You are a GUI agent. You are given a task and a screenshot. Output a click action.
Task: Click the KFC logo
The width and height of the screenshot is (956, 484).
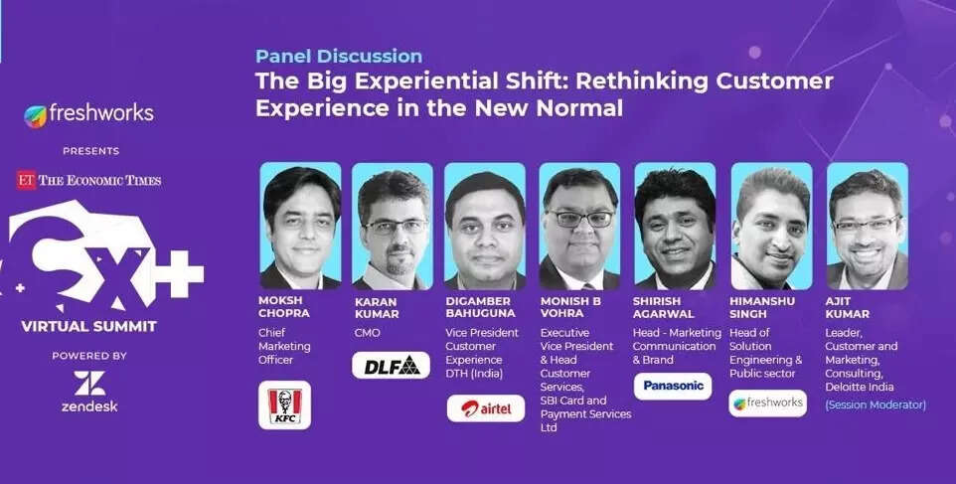tap(285, 404)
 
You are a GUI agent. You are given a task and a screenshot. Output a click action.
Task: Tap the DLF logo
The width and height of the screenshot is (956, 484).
tap(391, 365)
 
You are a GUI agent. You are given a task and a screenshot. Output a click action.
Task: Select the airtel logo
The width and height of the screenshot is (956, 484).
tap(485, 408)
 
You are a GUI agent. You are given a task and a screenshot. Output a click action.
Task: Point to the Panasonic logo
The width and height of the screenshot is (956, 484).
tap(673, 386)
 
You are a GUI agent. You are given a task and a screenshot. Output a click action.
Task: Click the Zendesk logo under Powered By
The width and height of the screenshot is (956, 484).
tap(89, 392)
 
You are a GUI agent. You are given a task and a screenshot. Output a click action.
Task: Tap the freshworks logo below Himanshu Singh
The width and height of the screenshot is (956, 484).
tap(767, 403)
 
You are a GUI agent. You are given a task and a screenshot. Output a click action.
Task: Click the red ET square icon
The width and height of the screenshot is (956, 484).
tap(26, 180)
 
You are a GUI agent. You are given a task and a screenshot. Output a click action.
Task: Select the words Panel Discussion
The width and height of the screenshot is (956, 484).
tap(339, 56)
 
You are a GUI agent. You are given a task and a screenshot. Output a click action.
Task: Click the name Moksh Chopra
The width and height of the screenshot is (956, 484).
tap(284, 307)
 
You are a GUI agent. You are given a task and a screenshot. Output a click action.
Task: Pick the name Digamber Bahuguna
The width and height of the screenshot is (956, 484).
tap(480, 307)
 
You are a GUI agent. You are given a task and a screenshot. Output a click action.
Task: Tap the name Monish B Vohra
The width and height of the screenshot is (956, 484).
tap(570, 307)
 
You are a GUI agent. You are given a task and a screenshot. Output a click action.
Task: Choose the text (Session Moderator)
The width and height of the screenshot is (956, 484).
tap(876, 404)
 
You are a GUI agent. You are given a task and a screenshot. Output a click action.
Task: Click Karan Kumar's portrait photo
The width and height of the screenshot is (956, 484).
tap(392, 227)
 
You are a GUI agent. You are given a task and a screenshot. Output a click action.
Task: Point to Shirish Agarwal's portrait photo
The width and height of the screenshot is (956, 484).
tap(675, 227)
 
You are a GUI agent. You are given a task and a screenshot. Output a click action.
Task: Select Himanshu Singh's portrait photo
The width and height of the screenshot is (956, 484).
tap(771, 227)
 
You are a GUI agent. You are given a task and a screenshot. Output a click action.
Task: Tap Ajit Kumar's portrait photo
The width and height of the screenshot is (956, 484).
tap(867, 227)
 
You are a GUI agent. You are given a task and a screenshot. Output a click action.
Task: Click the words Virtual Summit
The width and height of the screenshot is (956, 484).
tap(89, 326)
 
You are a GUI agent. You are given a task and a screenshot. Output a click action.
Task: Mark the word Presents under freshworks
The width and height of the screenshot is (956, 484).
tap(90, 151)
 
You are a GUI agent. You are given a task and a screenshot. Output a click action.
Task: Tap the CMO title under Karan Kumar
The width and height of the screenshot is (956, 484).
tap(367, 333)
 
